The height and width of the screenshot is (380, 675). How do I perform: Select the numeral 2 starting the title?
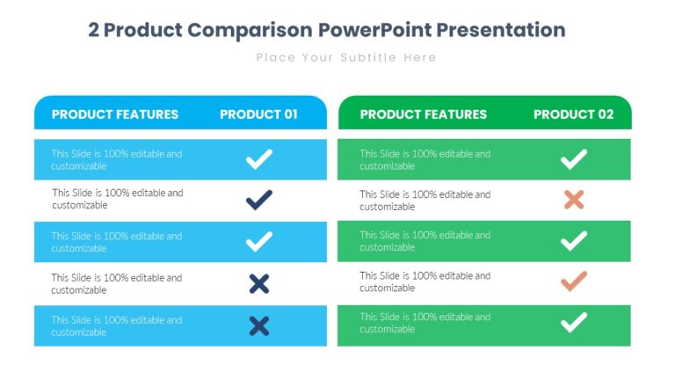point(94,30)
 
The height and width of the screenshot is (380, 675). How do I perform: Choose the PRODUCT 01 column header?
point(258,114)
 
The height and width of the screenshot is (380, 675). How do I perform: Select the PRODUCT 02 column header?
point(573,114)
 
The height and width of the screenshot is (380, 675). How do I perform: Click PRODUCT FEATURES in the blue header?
point(115,114)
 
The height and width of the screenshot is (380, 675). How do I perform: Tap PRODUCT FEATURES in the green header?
point(424,114)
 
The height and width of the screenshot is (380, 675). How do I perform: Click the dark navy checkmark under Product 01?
point(258,200)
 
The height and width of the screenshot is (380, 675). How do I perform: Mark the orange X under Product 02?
point(574,200)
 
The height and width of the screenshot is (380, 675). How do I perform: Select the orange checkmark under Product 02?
point(574,281)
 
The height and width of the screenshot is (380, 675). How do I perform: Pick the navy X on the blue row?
point(258,326)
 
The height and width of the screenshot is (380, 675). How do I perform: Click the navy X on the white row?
point(258,283)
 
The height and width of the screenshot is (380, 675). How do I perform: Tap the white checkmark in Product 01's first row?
point(258,159)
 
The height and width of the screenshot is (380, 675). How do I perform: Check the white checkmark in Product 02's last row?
point(574,323)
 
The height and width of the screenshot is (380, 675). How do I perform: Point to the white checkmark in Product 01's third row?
point(258,242)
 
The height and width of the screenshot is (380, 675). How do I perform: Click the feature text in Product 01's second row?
point(117,199)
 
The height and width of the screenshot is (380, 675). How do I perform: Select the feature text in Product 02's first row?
point(425,159)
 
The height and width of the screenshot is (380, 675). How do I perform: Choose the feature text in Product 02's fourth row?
point(425,281)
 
